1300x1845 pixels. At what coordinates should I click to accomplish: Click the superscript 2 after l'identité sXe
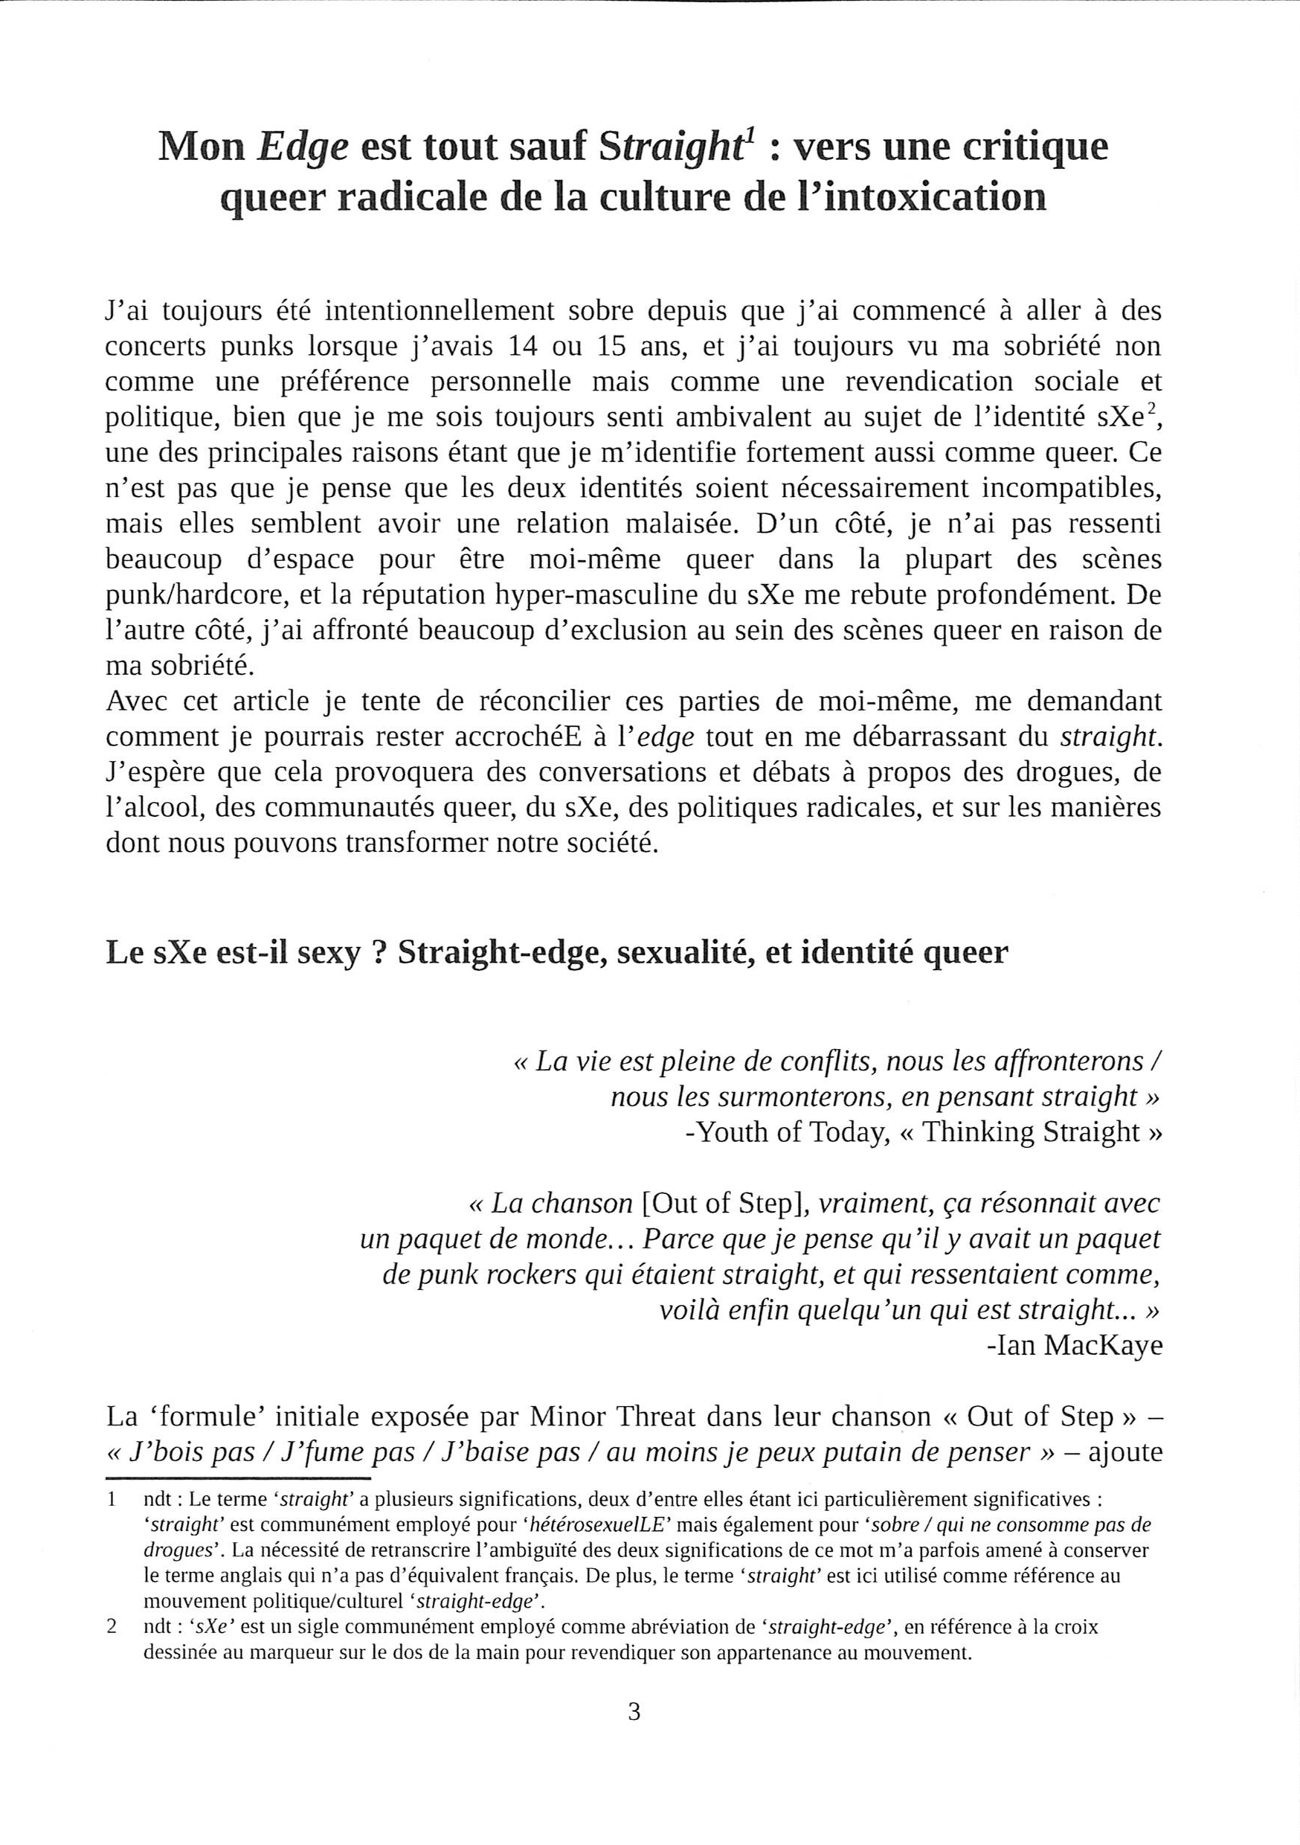point(1151,409)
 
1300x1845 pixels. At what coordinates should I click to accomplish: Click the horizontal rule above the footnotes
point(238,1477)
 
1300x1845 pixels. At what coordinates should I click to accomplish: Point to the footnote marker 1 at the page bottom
point(112,1500)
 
